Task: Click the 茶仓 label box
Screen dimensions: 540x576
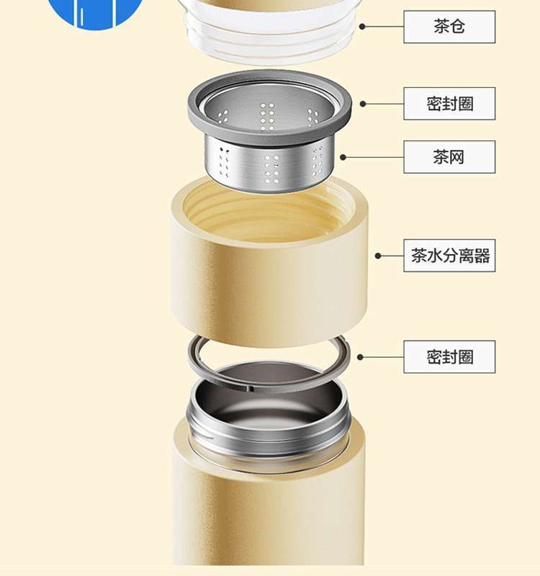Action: coord(449,27)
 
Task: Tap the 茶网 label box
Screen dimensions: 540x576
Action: coord(449,157)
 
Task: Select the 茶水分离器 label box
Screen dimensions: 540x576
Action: coord(449,256)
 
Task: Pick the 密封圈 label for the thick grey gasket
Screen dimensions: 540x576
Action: coord(449,104)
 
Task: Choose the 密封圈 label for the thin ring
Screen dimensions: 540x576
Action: coord(449,356)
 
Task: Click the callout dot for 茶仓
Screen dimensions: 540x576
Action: coord(362,27)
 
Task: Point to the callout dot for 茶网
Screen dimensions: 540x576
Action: coord(343,157)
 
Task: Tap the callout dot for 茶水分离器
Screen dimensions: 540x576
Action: coord(378,256)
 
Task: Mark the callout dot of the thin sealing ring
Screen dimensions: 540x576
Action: coord(360,357)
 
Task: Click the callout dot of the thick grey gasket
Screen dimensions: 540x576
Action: coord(363,104)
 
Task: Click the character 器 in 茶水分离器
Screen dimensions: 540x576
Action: coord(482,256)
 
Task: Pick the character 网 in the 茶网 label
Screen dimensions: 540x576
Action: coord(456,157)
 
